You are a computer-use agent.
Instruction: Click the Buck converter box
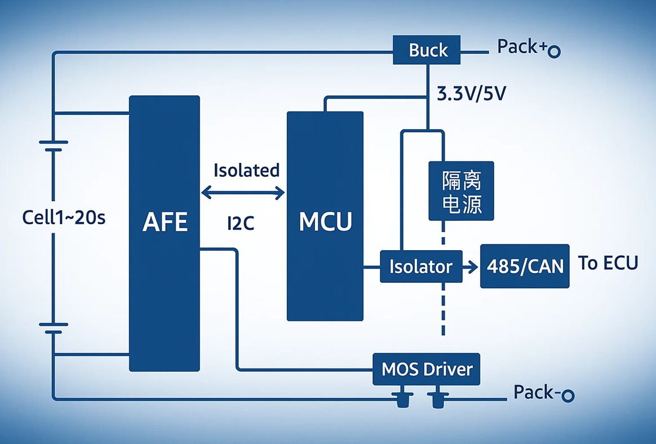coord(428,50)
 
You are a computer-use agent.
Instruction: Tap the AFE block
coord(165,233)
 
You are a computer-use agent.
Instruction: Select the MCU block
coord(325,216)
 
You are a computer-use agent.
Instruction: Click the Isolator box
coord(421,266)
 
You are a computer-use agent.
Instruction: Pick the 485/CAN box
coord(525,266)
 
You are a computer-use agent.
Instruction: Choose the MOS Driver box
coord(427,370)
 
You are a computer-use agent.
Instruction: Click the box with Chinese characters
coord(461,191)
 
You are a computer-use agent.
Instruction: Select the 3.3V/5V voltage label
coord(471,94)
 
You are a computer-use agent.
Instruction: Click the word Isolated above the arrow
coord(246,170)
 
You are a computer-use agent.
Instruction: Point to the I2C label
coord(241,224)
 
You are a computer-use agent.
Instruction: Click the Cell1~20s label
coord(64,217)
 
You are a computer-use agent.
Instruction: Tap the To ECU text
coord(608,263)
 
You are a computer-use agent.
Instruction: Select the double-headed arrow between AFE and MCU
coord(243,193)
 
